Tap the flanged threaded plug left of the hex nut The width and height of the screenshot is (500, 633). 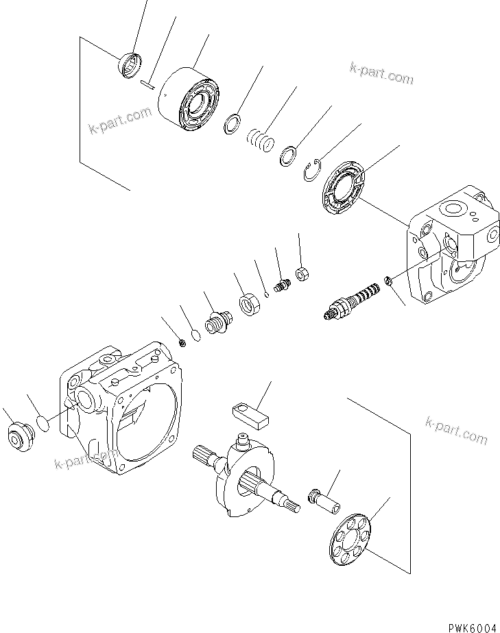point(218,321)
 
